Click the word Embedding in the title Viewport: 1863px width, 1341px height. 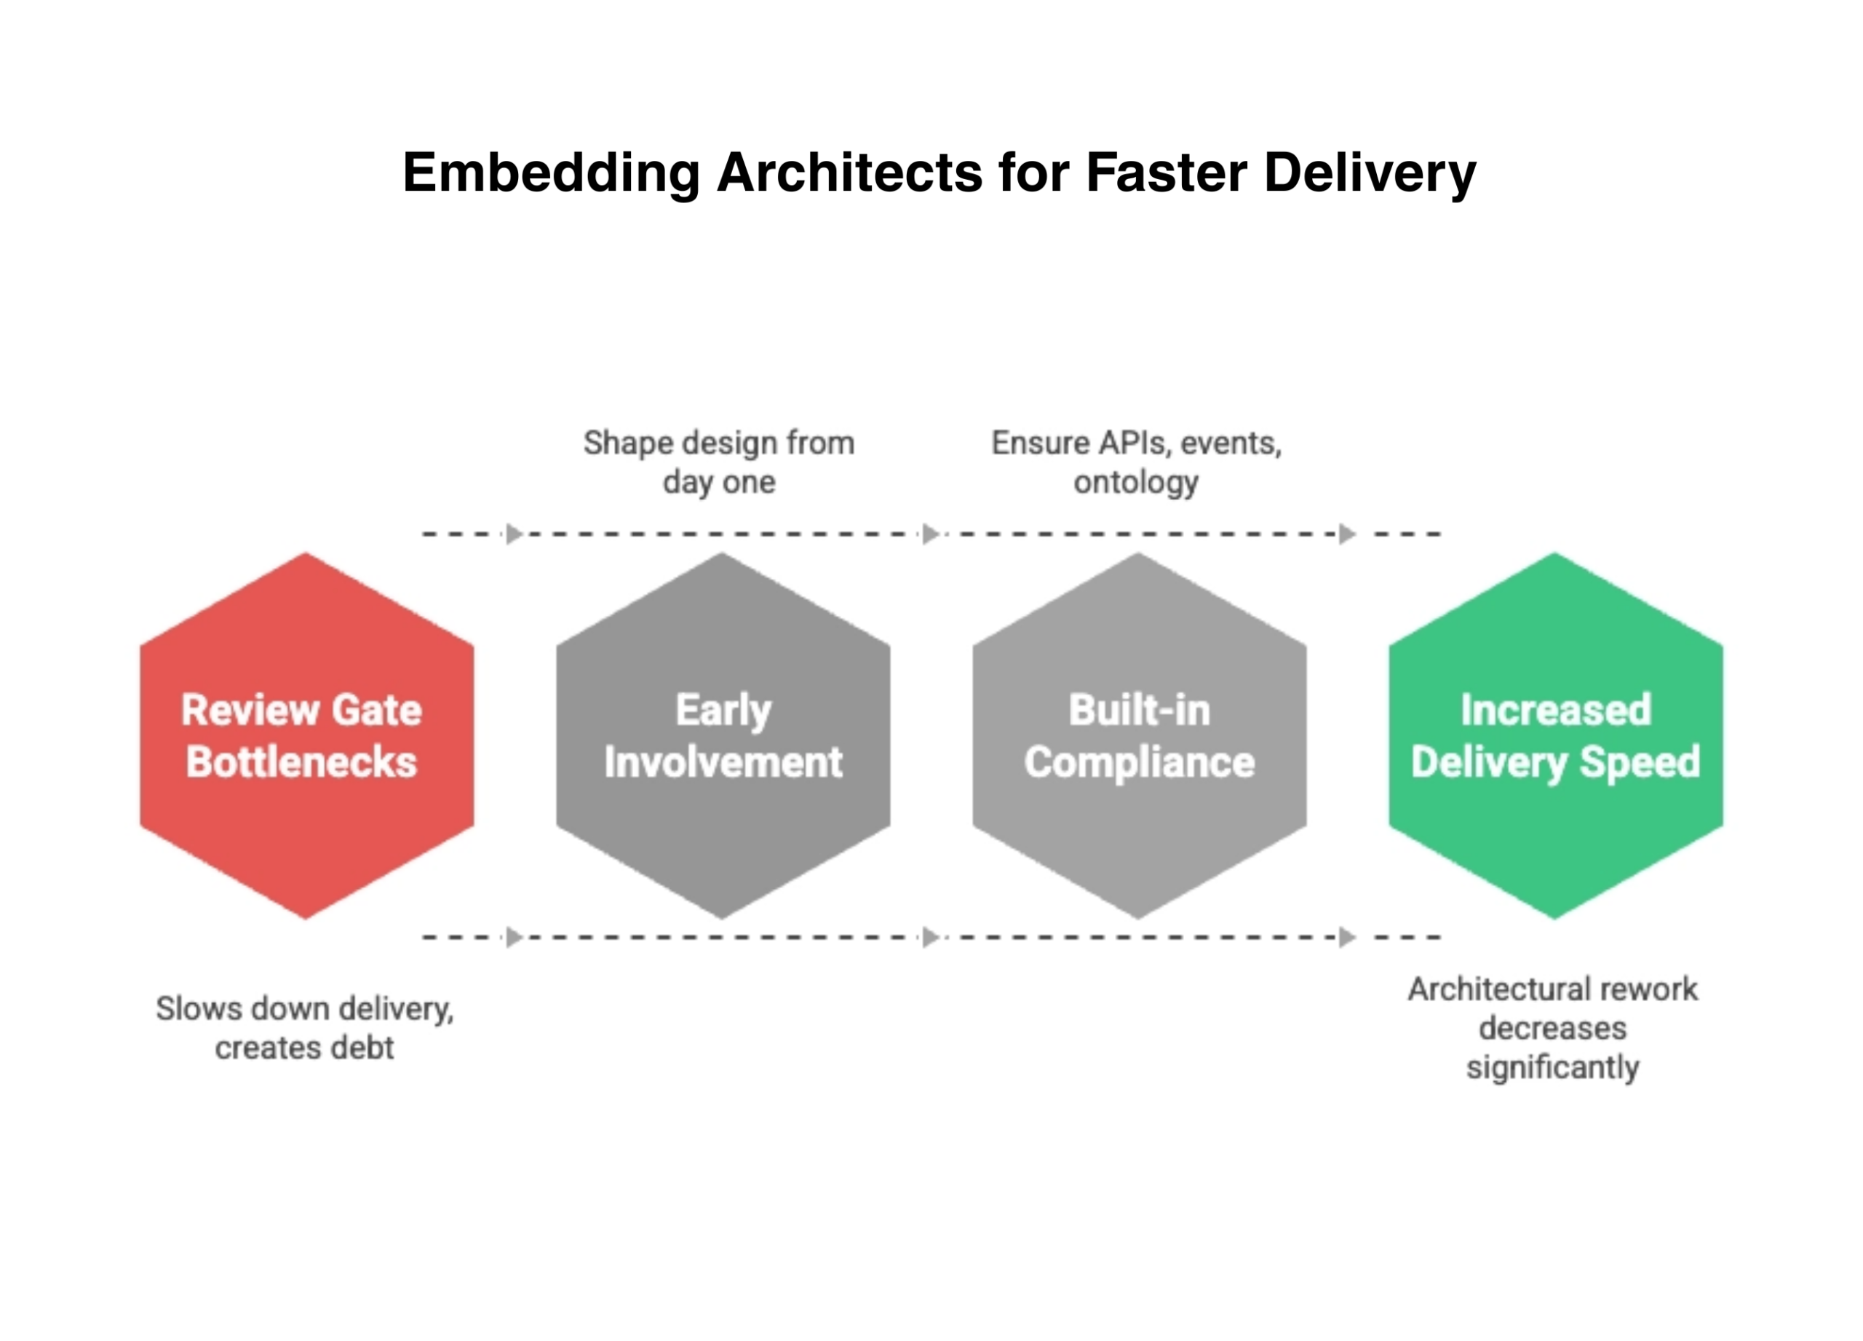(x=550, y=173)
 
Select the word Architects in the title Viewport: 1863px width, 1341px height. (x=849, y=173)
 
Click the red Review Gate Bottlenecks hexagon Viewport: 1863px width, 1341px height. (x=306, y=735)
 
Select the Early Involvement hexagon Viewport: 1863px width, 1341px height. (x=723, y=735)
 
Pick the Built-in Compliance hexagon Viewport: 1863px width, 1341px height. (x=1140, y=735)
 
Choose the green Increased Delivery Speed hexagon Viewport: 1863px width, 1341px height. (x=1556, y=735)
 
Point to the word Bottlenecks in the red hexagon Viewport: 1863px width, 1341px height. (x=301, y=762)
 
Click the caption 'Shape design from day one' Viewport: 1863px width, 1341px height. (x=719, y=462)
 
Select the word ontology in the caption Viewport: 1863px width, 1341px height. (x=1136, y=483)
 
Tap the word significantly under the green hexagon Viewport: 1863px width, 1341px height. (x=1552, y=1068)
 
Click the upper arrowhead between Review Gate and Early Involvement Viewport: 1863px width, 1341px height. (x=515, y=534)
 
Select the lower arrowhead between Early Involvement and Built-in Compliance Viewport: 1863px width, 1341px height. (x=931, y=938)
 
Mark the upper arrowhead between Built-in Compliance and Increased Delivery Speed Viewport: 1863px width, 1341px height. (x=1347, y=534)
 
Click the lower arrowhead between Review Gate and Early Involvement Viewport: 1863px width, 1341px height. (x=515, y=938)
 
